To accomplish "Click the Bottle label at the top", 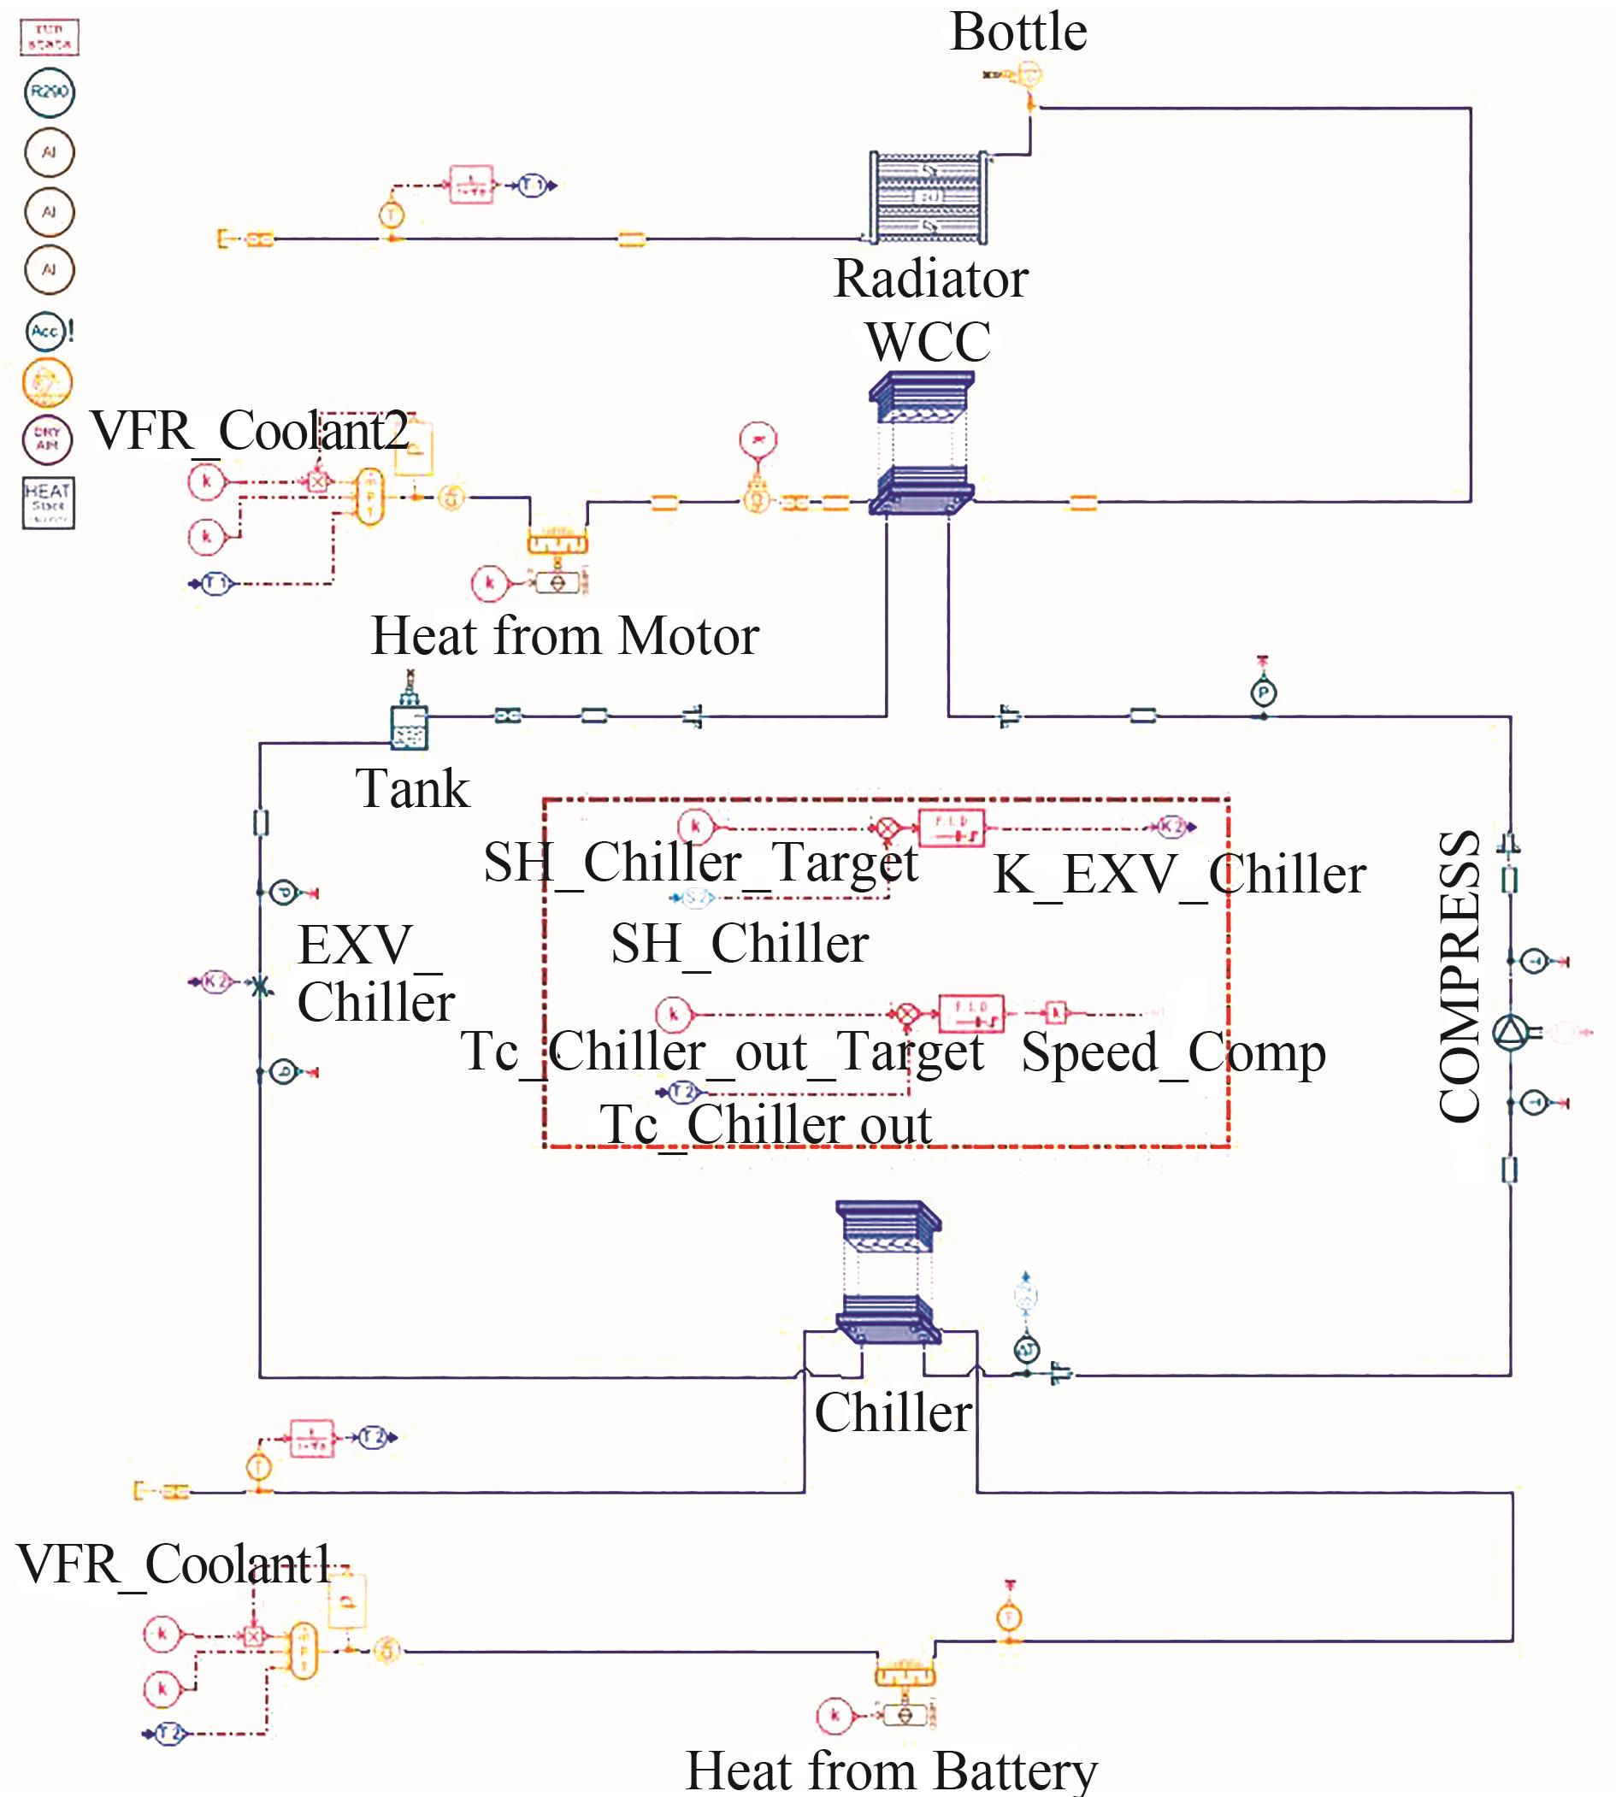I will tap(1018, 32).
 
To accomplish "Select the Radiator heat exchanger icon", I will tap(929, 197).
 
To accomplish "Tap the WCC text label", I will tap(928, 342).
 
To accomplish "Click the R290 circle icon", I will tap(50, 92).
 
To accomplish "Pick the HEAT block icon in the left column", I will tap(49, 503).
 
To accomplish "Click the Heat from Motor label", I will tap(564, 636).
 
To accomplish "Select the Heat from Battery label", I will tap(892, 1770).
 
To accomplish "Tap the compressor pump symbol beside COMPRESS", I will tap(1510, 1033).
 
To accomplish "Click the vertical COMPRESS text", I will tap(1459, 976).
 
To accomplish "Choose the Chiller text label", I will tap(894, 1412).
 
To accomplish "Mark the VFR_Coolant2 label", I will tap(250, 431).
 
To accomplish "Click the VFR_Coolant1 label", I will tap(174, 1564).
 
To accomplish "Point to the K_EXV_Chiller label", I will tap(1179, 875).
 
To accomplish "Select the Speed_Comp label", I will tap(1173, 1052).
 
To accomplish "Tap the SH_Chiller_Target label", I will tap(700, 862).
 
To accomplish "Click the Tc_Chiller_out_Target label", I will tap(722, 1052).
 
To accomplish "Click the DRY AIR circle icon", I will tap(48, 439).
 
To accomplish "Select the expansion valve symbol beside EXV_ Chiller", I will tap(260, 986).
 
